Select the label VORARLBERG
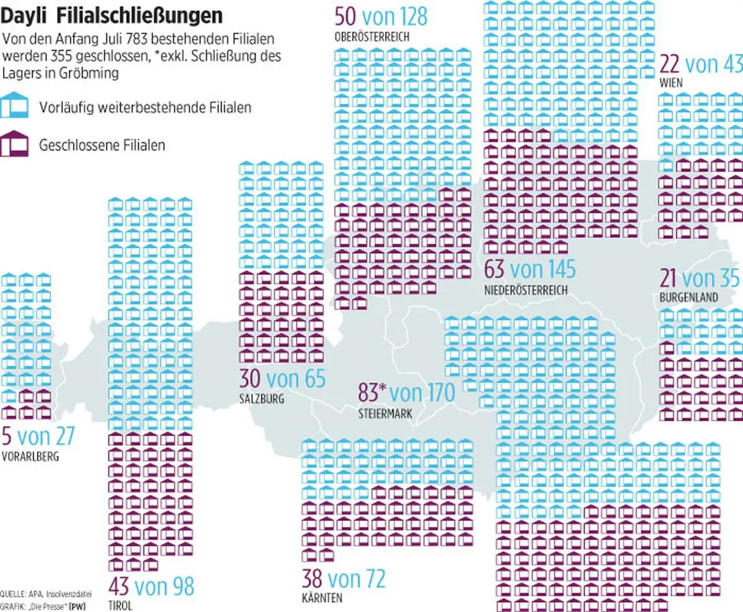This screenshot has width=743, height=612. coord(30,458)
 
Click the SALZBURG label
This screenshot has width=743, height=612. coord(262,399)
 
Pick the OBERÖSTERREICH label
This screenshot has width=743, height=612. coord(371,37)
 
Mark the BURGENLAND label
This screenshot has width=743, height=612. coord(689,298)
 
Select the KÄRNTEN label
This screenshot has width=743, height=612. coord(322,598)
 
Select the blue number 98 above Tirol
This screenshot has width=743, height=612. coord(179,585)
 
